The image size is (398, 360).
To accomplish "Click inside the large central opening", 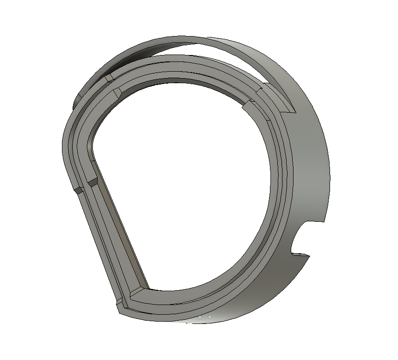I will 185,185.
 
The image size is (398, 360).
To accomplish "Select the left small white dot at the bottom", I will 200,317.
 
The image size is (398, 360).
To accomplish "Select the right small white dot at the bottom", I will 209,317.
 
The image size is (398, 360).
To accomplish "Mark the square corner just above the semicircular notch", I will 325,221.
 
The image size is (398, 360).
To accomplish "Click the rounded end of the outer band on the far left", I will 77,99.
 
